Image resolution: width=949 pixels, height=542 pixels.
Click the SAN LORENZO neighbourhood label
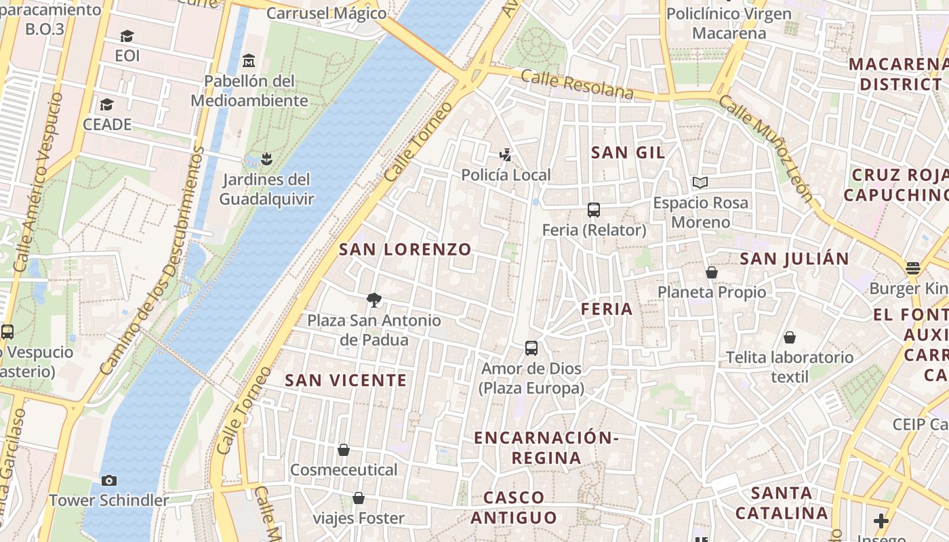[x=405, y=249]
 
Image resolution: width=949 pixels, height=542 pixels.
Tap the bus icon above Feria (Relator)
[x=594, y=210]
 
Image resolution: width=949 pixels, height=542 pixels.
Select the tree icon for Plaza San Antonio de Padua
[x=373, y=300]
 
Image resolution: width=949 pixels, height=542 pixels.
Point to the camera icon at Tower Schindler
[x=108, y=480]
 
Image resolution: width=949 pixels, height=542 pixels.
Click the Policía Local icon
[x=505, y=155]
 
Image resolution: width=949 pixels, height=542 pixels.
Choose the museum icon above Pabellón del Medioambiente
[x=249, y=61]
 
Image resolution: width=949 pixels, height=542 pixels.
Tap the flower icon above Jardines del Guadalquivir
[x=266, y=159]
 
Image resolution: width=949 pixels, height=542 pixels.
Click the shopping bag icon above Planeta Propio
[x=711, y=272]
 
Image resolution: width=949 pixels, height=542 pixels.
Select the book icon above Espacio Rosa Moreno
[x=700, y=182]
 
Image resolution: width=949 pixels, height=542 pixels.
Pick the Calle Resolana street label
[x=577, y=85]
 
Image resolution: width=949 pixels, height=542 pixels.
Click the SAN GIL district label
[x=628, y=152]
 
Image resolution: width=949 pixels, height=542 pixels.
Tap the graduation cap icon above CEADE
[x=106, y=104]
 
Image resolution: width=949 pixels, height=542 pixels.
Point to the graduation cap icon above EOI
[x=127, y=36]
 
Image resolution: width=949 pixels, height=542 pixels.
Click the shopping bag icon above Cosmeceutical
[x=344, y=450]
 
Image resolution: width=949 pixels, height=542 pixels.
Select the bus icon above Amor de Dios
[x=531, y=348]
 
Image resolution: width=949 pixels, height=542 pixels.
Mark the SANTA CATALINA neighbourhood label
[x=782, y=503]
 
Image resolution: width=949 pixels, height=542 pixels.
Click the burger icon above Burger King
[x=912, y=268]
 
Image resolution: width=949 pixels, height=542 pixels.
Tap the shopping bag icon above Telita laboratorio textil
[x=790, y=337]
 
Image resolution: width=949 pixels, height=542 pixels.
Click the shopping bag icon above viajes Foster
[x=359, y=499]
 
